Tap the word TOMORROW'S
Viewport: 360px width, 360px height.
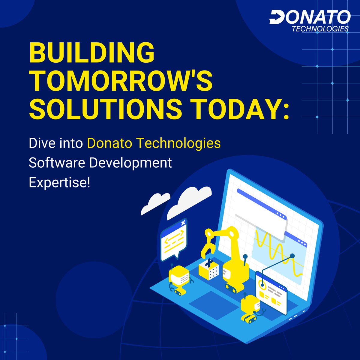click(121, 81)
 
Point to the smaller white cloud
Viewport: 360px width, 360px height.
click(155, 203)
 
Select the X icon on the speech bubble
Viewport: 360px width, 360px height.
click(183, 223)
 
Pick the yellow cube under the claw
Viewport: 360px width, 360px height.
click(208, 268)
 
